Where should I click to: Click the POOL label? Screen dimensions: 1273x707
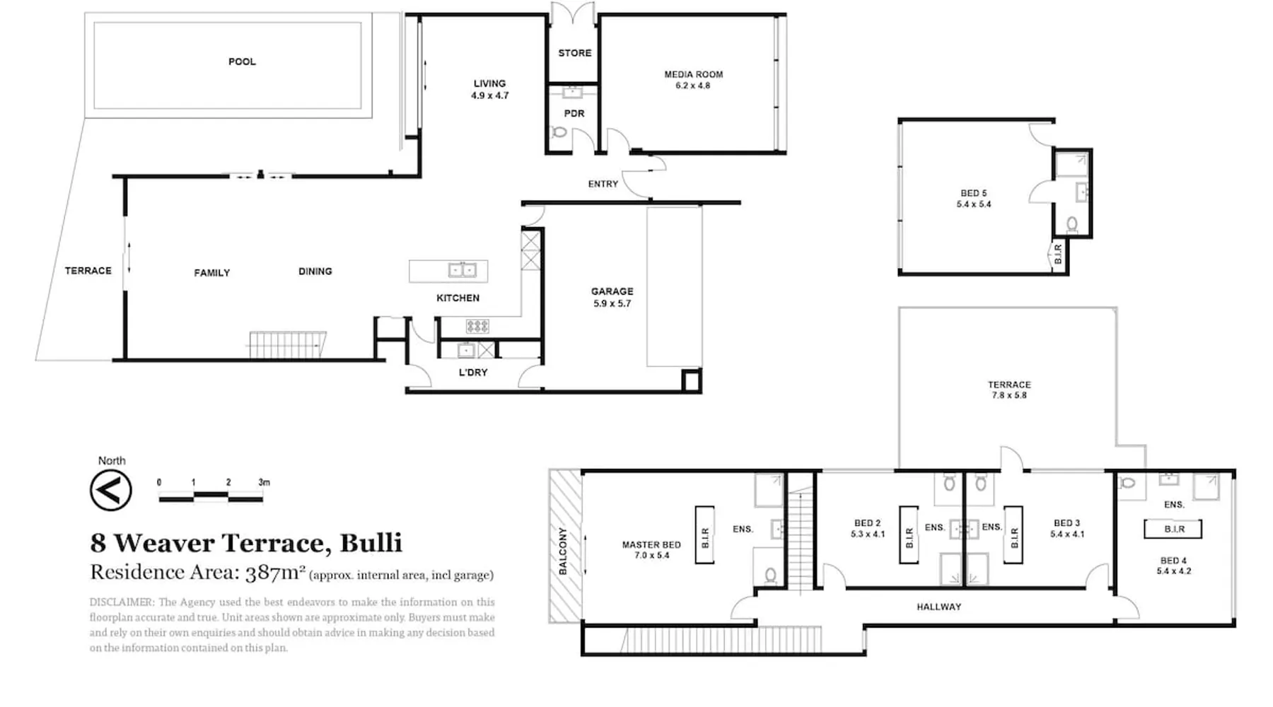(242, 62)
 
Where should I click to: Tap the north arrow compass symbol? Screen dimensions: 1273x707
(111, 489)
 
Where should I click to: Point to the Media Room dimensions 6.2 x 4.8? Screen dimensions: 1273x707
(693, 86)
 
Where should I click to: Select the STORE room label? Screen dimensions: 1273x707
(574, 53)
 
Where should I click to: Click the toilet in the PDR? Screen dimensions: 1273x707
(559, 132)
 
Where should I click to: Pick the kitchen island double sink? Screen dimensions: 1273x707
(463, 270)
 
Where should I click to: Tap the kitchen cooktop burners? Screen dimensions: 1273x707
(477, 326)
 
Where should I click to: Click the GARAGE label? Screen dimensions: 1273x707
(612, 291)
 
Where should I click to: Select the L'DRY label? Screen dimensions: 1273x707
(473, 373)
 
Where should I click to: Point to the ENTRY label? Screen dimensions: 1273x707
(603, 184)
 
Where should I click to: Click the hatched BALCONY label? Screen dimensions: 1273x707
(563, 551)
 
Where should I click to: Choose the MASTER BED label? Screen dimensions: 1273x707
(651, 544)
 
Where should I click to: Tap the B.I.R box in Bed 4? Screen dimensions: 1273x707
(1173, 529)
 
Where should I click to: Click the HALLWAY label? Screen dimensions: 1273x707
(939, 607)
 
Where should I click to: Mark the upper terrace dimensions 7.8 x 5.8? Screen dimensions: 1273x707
(1009, 395)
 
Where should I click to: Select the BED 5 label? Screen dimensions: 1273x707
(974, 193)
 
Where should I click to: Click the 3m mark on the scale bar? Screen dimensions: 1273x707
(264, 482)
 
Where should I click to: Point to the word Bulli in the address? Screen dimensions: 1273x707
(371, 543)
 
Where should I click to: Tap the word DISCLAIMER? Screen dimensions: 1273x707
(122, 602)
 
